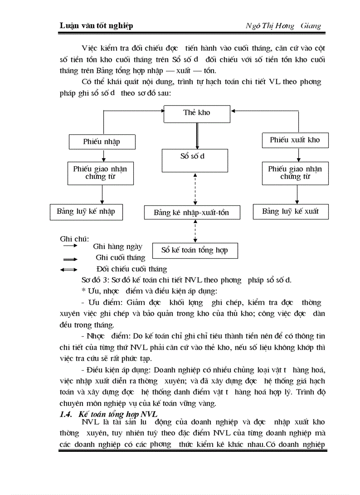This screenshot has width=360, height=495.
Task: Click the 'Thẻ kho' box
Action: [x=197, y=113]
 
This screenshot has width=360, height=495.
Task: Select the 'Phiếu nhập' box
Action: [x=102, y=142]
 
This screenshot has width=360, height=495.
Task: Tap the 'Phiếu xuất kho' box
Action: [x=295, y=140]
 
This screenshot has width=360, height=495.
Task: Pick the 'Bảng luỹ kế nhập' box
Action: [x=86, y=212]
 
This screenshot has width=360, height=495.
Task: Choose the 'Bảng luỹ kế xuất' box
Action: [x=290, y=212]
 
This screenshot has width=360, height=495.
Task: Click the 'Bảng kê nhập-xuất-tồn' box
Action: [x=191, y=213]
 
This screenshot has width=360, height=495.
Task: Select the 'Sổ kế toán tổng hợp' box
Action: [x=195, y=250]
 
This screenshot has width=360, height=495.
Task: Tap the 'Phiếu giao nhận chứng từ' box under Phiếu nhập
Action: [x=101, y=173]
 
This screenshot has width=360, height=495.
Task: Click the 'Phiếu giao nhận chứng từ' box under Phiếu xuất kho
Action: [x=295, y=173]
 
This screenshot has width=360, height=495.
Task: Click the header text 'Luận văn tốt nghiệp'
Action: [x=96, y=26]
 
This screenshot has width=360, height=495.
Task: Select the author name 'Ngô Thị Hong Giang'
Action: [x=283, y=26]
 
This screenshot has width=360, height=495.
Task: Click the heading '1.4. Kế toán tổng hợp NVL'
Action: [x=109, y=414]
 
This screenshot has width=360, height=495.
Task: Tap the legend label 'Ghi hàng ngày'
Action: [x=117, y=247]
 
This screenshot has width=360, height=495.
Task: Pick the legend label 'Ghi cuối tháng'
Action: [x=120, y=258]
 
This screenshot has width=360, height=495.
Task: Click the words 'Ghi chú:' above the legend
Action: [x=75, y=239]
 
